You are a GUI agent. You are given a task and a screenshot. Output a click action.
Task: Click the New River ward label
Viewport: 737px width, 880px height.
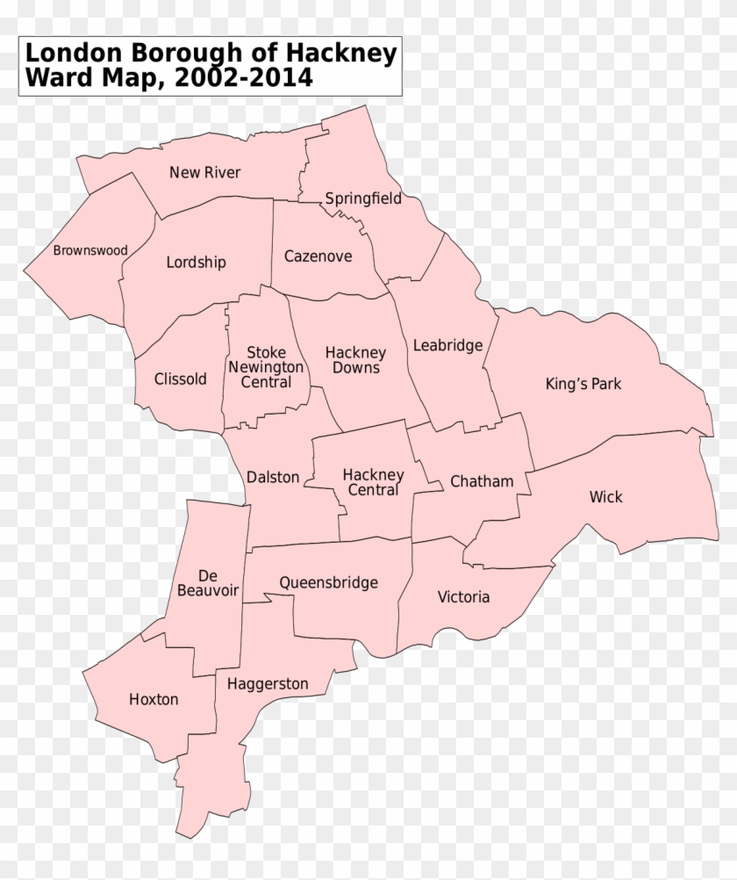pos(204,172)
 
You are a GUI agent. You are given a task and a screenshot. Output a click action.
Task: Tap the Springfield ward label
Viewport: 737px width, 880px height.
pos(363,198)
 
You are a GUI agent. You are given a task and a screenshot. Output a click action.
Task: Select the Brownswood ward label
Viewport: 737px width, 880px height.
pos(89,250)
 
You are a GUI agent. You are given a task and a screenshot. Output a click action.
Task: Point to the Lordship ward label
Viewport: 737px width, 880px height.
pos(196,262)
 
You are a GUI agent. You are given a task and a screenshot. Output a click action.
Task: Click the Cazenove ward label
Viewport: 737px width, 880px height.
pos(318,256)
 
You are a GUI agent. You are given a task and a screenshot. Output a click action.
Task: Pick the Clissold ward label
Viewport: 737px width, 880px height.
pos(180,379)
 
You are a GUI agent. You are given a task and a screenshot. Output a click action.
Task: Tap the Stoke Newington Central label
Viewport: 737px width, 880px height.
pos(266,367)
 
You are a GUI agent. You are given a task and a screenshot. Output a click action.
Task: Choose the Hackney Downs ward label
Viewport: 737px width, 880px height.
pos(355,360)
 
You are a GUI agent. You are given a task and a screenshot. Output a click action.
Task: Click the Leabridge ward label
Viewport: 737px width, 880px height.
pos(447,345)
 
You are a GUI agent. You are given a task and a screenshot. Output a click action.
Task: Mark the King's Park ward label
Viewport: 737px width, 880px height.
pos(583,384)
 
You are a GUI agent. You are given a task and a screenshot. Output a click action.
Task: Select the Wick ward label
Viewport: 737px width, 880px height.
pos(605,497)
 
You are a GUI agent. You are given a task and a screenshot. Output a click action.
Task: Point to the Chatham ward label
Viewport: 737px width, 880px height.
pos(482,481)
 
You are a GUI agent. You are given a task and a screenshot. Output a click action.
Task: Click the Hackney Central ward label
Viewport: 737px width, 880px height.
pos(373,482)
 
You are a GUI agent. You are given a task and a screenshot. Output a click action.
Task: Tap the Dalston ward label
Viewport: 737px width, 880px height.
pos(272,478)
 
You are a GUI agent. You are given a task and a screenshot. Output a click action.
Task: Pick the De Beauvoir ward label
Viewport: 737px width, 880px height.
pos(208,583)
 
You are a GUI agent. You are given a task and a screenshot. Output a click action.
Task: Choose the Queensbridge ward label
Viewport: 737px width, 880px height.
pos(328,582)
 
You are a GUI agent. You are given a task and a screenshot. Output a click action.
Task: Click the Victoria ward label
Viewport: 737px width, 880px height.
pos(463,597)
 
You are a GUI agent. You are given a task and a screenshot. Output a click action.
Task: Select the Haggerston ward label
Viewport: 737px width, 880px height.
pos(267,683)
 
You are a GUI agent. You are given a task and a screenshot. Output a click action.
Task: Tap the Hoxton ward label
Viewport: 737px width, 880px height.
pos(154,700)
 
